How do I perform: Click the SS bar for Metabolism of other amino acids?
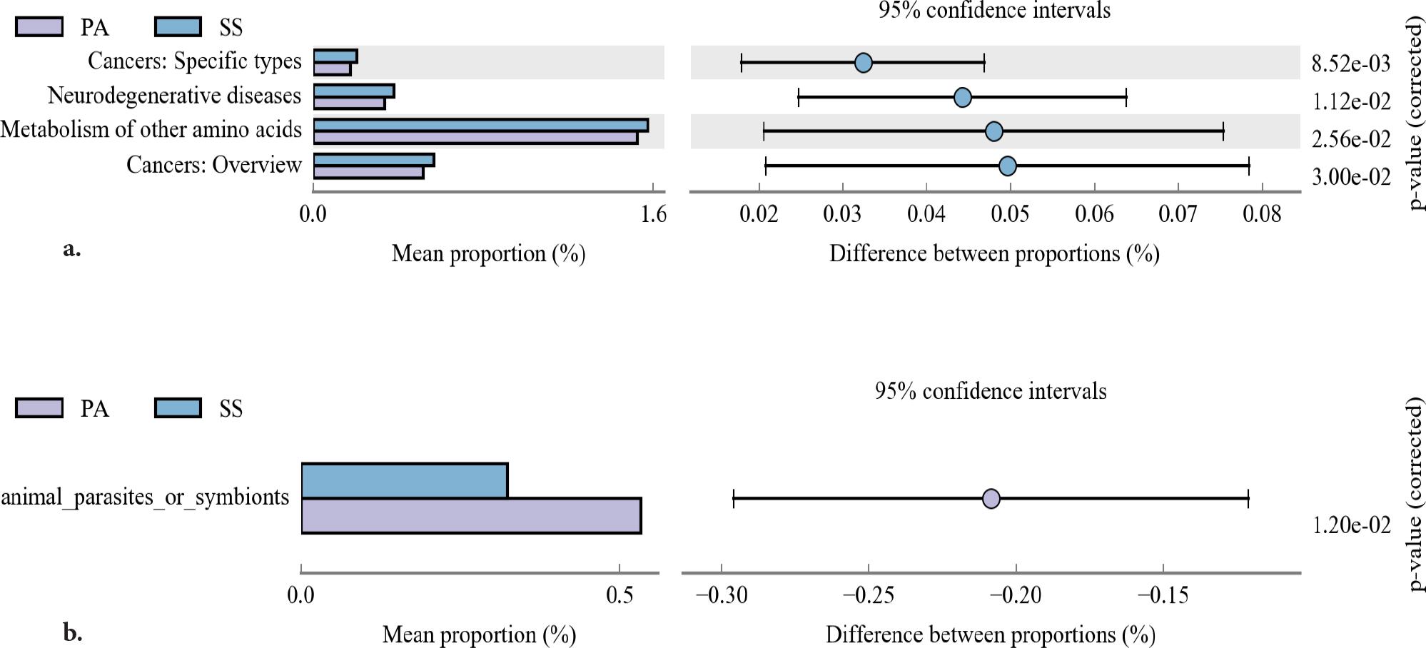[x=480, y=126]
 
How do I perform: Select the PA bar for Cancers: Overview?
[x=368, y=172]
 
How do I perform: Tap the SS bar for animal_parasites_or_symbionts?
[x=404, y=480]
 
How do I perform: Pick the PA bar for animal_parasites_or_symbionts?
[x=471, y=515]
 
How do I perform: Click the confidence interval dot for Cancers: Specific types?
[x=863, y=63]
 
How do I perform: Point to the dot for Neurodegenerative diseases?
[x=962, y=97]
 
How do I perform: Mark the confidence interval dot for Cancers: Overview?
[x=1007, y=166]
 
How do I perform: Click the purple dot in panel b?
[x=991, y=498]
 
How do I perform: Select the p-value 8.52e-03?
[x=1350, y=64]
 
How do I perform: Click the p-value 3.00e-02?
[x=1350, y=176]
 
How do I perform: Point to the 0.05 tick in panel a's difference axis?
[x=1010, y=213]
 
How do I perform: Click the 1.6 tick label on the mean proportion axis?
[x=653, y=213]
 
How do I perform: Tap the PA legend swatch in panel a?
[x=39, y=27]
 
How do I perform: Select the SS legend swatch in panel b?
[x=178, y=407]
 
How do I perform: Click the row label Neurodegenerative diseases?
[x=174, y=95]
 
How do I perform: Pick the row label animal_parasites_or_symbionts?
[x=145, y=497]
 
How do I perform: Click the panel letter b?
[x=72, y=632]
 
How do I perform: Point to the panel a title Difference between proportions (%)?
[x=993, y=253]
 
